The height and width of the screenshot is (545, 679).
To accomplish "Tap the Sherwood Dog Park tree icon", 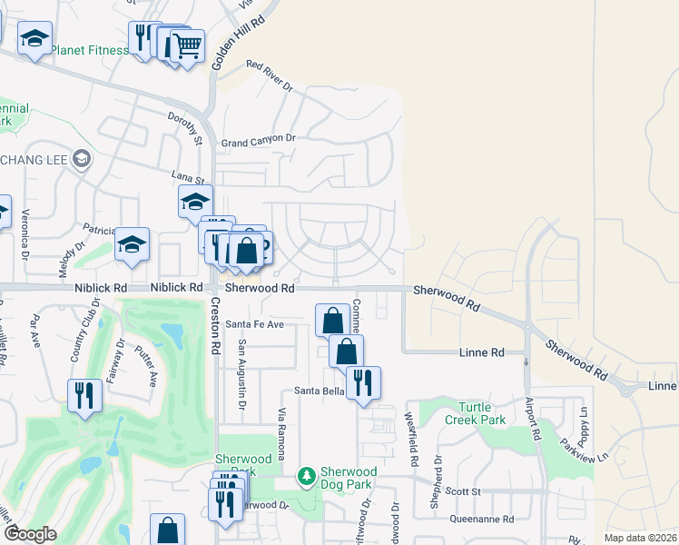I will [x=307, y=475].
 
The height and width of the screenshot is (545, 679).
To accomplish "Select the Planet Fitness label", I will [x=90, y=50].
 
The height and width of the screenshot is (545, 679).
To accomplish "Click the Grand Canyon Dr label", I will [x=259, y=141].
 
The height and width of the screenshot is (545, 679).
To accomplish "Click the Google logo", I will [x=30, y=535].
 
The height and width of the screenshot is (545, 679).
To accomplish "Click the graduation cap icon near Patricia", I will [x=132, y=243].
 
